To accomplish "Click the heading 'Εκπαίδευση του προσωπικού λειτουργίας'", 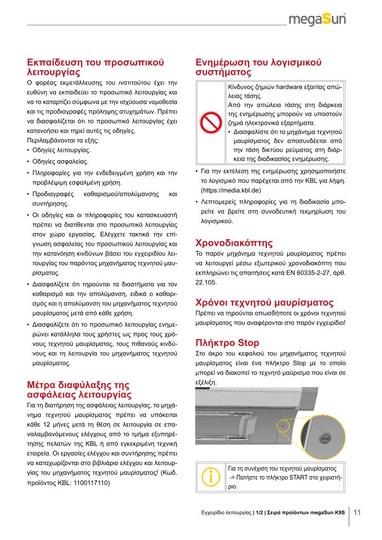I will [x=96, y=66].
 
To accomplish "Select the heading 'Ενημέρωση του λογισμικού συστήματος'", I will [x=259, y=66].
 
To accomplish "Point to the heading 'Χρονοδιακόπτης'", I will [x=234, y=243].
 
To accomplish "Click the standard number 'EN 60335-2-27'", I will [x=299, y=272].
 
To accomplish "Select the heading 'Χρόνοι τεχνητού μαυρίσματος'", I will [x=264, y=303].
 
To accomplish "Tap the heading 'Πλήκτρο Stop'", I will [x=227, y=343].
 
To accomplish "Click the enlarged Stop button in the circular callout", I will [x=325, y=437].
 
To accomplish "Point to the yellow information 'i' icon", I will [x=211, y=477].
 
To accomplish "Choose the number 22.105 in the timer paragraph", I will [x=206, y=282].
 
